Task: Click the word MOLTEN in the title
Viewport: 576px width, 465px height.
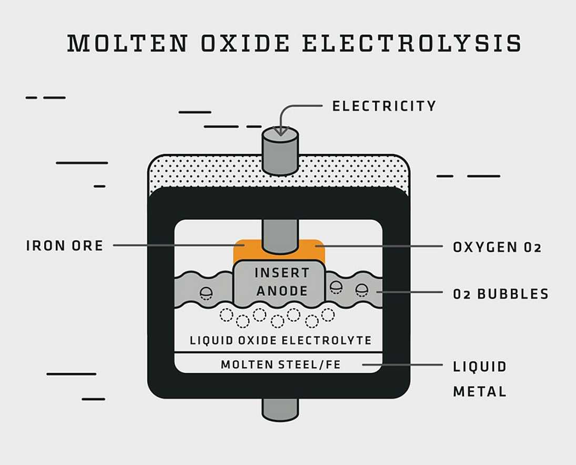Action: tap(127, 44)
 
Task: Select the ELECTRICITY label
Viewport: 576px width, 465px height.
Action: tap(384, 106)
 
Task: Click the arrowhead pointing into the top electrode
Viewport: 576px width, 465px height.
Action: tap(281, 131)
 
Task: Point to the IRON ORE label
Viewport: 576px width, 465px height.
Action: tap(65, 245)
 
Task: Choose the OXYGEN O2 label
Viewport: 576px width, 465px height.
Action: tap(497, 247)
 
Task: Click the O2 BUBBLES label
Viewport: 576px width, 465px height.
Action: tap(500, 293)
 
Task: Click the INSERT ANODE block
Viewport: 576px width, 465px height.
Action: tap(279, 281)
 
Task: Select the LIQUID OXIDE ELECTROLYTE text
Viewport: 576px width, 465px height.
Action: tap(280, 340)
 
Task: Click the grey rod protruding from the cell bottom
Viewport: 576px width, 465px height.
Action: tap(280, 410)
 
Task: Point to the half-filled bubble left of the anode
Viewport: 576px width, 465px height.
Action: tap(206, 293)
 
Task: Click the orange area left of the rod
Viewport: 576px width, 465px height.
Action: tap(246, 250)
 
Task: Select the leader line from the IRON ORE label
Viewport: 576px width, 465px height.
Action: tap(174, 245)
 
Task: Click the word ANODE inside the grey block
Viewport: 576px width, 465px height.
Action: tap(282, 290)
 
